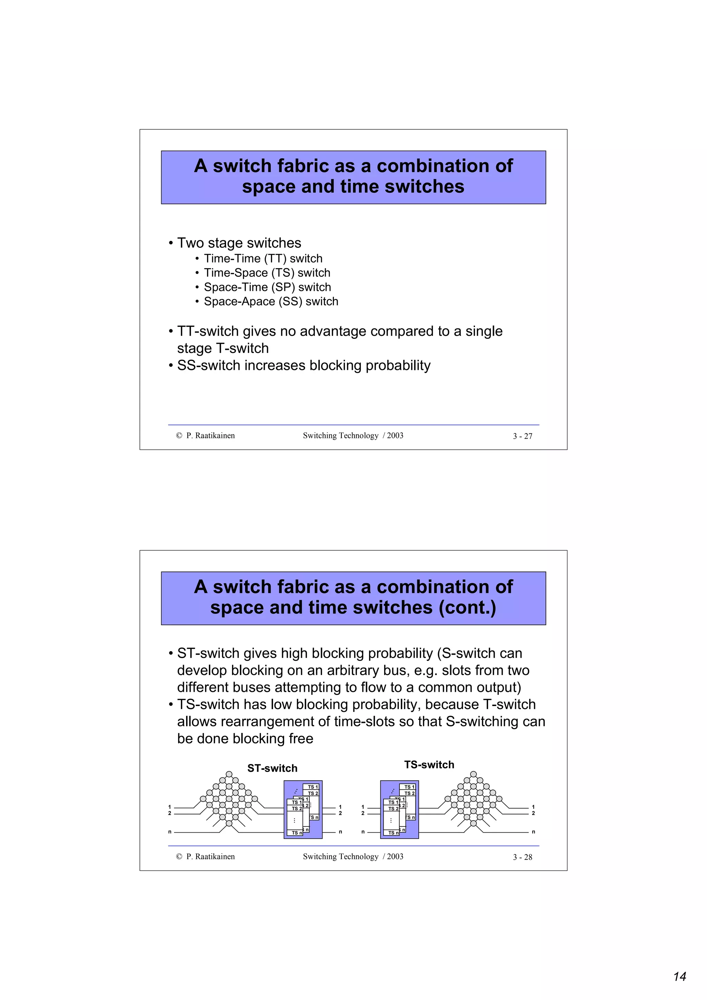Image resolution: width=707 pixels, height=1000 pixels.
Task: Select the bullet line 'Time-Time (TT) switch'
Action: click(263, 258)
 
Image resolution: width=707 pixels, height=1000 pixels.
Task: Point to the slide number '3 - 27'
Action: click(522, 436)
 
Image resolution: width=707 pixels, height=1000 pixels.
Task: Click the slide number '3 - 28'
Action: click(522, 857)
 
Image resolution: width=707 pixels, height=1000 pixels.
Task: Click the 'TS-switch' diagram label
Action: click(429, 764)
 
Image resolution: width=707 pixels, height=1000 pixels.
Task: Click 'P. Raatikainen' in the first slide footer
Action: click(210, 435)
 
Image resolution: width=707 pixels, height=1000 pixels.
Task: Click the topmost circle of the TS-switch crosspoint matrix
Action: click(474, 774)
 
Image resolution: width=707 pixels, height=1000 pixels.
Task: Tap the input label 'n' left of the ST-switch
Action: click(170, 832)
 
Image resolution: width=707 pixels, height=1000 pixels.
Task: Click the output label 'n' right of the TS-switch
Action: click(533, 832)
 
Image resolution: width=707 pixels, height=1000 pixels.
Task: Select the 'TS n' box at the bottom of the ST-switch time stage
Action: click(296, 832)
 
